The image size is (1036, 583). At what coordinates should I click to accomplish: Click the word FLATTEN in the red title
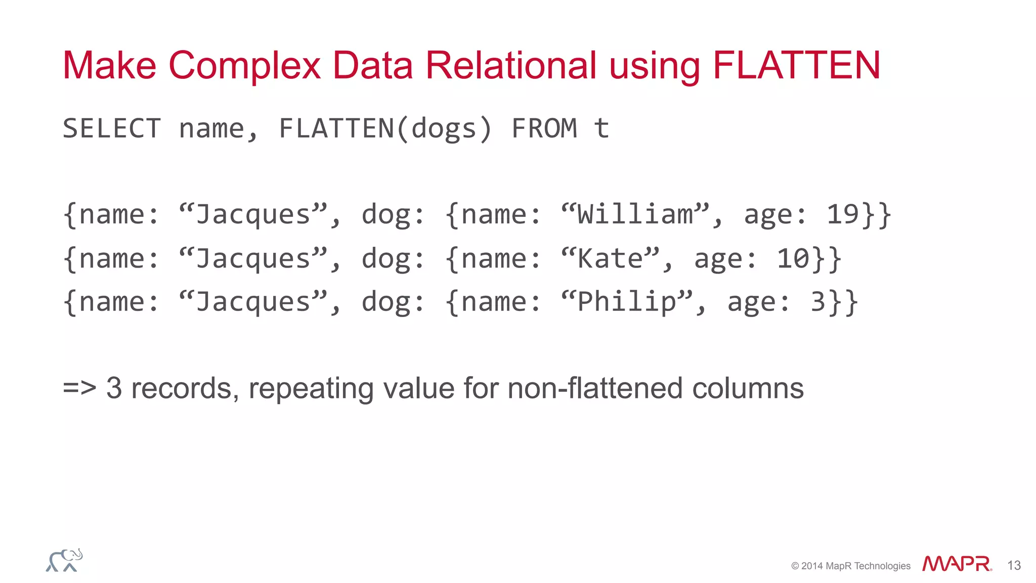coord(797,66)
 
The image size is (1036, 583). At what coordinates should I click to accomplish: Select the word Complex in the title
coord(244,66)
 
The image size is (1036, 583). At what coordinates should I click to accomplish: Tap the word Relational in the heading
coord(511,66)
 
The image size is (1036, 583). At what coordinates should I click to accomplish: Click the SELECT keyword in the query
coord(112,128)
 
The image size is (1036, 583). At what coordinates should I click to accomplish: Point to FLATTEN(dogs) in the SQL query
coord(385,128)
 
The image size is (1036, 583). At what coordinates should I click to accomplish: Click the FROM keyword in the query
coord(544,128)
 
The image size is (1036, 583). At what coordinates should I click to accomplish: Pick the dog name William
coord(635,214)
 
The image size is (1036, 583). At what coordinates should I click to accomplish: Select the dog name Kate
coord(610,259)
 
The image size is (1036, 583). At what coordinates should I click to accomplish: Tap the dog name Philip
coord(627,302)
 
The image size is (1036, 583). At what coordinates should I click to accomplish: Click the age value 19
coord(842,214)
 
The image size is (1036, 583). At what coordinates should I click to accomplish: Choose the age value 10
coord(793,259)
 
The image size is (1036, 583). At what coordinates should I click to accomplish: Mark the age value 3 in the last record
coord(818,302)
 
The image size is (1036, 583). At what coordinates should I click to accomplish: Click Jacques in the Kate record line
coord(253,259)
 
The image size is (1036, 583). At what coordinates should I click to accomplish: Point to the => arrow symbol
coord(79,388)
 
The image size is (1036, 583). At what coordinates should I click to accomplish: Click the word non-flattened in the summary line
coord(595,388)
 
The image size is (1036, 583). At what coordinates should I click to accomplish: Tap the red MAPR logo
coord(957,564)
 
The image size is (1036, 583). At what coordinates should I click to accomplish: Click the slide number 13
coord(1014,565)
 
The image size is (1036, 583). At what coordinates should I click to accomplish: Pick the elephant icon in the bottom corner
coord(64,560)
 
